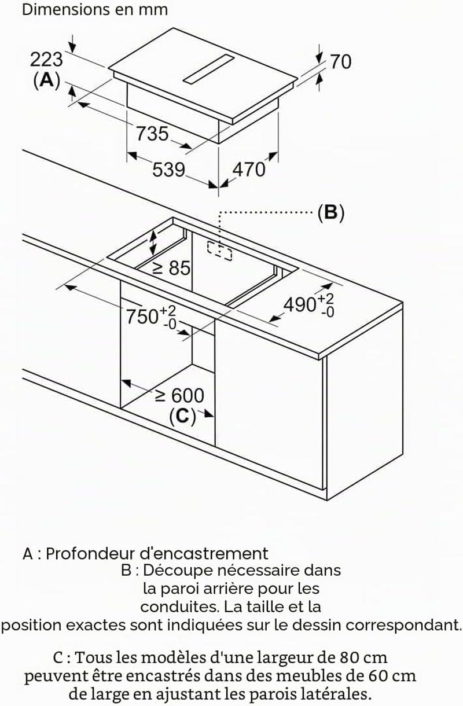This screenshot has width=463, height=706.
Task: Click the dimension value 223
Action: (46, 60)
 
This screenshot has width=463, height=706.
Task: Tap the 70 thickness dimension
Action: (341, 62)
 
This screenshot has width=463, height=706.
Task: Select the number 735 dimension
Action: (152, 133)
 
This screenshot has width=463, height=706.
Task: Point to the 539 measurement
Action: (168, 170)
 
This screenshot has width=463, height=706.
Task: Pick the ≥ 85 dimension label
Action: (171, 268)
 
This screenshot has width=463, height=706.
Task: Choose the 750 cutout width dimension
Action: (150, 317)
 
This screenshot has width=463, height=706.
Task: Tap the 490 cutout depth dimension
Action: (308, 305)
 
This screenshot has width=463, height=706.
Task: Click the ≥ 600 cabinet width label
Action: (179, 395)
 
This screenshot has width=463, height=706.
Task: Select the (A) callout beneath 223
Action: (47, 80)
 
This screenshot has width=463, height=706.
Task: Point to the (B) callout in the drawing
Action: (330, 213)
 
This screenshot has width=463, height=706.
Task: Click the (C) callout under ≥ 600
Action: (183, 416)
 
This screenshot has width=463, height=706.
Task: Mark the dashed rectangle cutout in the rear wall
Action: (219, 251)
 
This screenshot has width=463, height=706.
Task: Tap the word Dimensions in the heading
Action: (60, 10)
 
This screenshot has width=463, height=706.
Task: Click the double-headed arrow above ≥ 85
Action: (153, 242)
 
